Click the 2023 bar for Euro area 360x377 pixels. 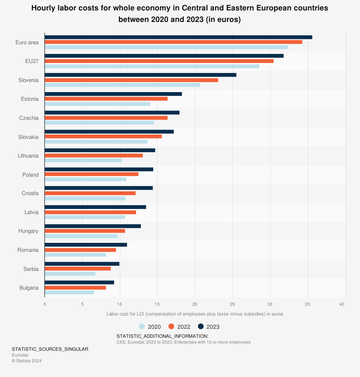click(x=178, y=37)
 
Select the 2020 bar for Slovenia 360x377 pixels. click(x=122, y=85)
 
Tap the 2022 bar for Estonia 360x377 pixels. click(x=106, y=99)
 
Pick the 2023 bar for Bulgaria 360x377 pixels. click(x=79, y=282)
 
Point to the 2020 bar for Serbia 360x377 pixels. click(x=70, y=274)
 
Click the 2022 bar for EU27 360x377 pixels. click(x=159, y=61)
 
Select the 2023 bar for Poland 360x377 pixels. click(x=99, y=169)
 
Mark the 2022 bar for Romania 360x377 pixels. click(x=80, y=250)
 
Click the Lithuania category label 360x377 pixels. click(x=28, y=156)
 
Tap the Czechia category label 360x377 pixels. click(x=29, y=118)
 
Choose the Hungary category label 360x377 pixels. click(x=28, y=231)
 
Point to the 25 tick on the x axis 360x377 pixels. click(x=233, y=304)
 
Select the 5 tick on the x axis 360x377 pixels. click(x=82, y=304)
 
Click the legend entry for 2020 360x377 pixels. click(x=150, y=327)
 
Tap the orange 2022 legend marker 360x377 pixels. click(x=171, y=326)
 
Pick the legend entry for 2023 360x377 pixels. click(x=209, y=327)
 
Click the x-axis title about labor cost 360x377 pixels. click(x=195, y=314)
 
